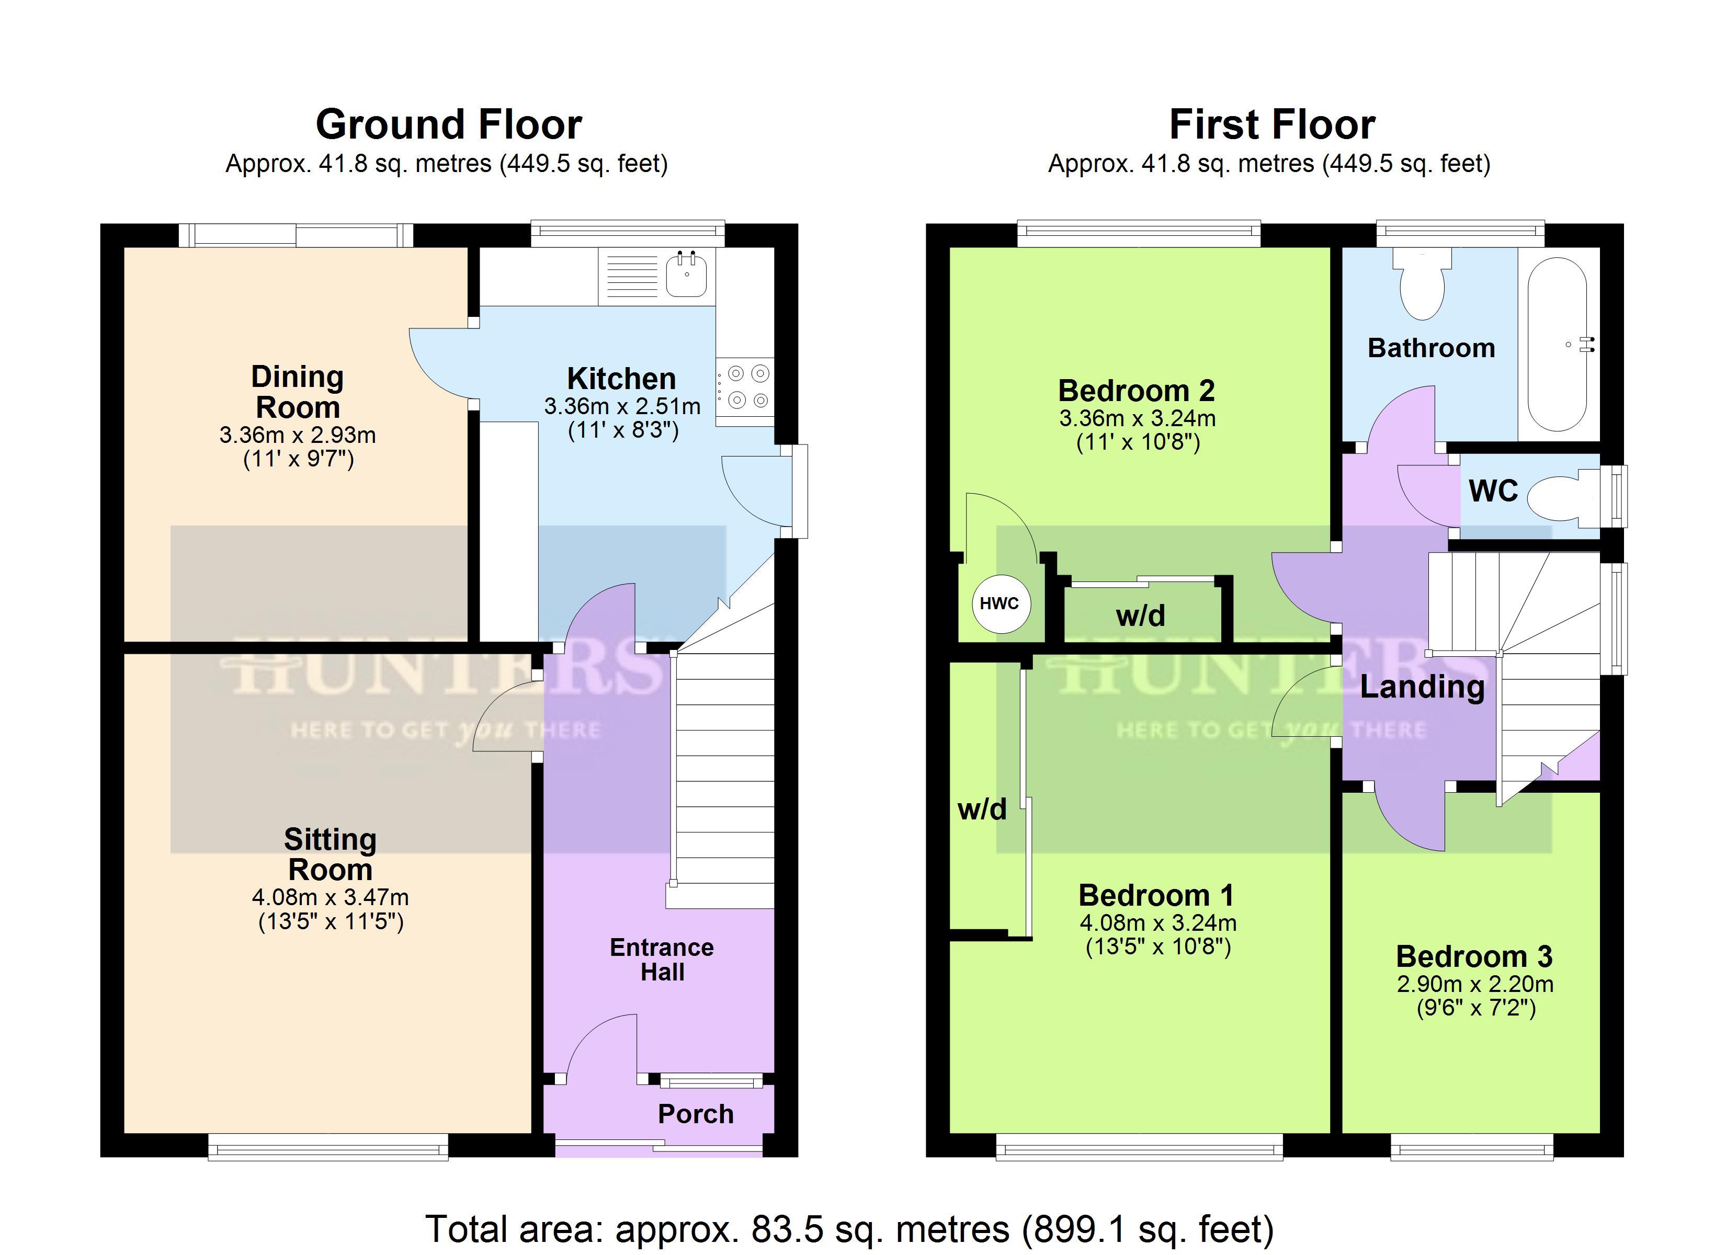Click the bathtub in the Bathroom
(1558, 345)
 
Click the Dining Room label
(298, 392)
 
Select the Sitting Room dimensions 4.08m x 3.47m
(330, 897)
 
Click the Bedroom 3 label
(1474, 956)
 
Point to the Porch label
(696, 1114)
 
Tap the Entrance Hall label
(662, 960)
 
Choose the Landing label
(1422, 687)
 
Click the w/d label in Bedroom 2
(1140, 615)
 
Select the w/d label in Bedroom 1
(982, 809)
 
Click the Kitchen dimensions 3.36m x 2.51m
(622, 406)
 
